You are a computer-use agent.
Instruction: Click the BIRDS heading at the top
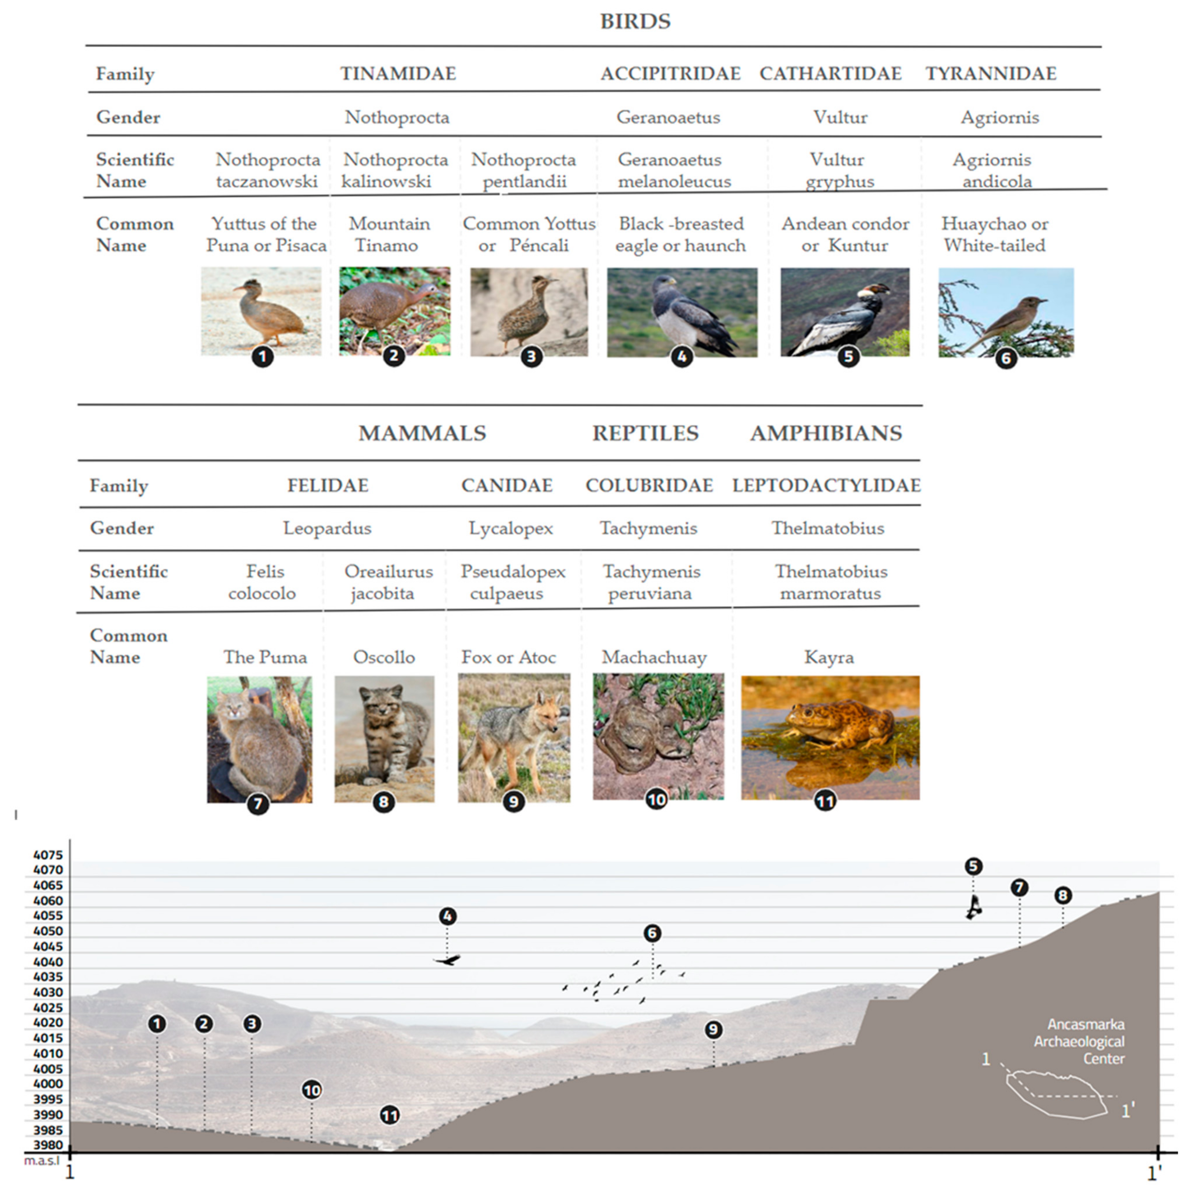[635, 22]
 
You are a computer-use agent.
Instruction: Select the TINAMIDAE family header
[398, 74]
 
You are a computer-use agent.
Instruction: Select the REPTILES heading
[645, 433]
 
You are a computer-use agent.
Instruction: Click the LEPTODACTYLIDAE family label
[826, 486]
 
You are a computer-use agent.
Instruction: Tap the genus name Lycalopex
[510, 528]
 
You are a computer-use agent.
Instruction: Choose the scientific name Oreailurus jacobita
[388, 582]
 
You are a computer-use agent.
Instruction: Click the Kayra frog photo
[830, 737]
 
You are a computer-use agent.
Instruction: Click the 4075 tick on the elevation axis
[48, 855]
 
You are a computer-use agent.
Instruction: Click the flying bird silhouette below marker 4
[448, 960]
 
